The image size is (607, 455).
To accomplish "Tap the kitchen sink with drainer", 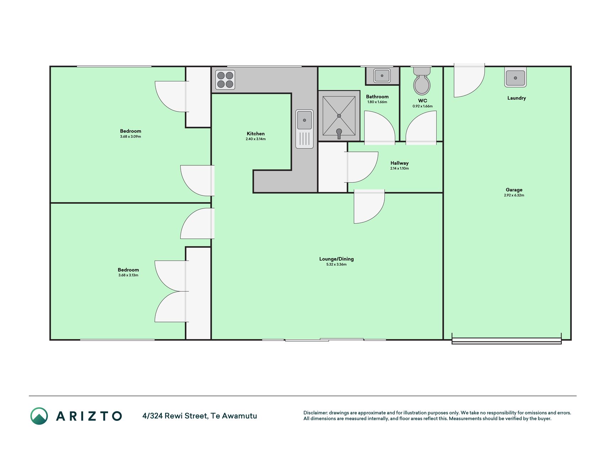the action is pos(304,129).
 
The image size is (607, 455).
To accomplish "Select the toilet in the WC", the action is pos(422,81).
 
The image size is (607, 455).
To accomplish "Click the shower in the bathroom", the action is pos(339,116).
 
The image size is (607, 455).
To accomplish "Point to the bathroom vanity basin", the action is pos(382,76).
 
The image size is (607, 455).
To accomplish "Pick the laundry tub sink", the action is pos(515,77).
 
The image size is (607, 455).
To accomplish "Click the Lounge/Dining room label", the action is pos(336,259).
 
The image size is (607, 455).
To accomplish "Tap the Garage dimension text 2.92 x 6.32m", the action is pos(514,195).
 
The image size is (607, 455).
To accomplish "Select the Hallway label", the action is pos(399,163).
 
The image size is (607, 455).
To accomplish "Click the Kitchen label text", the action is pos(256,134).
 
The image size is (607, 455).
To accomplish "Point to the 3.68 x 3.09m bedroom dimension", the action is pos(131,136).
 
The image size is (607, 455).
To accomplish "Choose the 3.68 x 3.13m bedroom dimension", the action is pos(128,275).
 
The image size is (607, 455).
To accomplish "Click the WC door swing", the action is pos(421,128).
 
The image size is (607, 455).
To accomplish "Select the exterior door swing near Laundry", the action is pos(469,80).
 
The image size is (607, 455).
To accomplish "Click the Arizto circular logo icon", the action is pos(39,416).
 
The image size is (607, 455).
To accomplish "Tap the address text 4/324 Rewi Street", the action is pos(175,416).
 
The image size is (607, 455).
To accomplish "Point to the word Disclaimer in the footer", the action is pos(315,413).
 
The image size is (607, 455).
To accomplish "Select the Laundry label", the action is pos(516,98).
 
